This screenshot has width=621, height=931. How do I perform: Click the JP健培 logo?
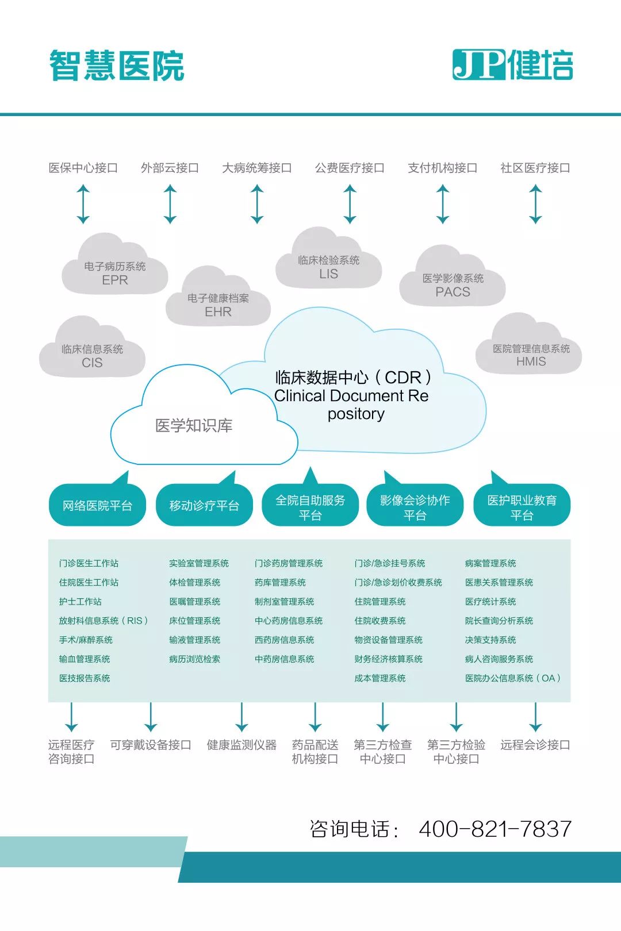512,64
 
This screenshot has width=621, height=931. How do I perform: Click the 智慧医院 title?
117,66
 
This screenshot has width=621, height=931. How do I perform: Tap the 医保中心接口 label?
83,168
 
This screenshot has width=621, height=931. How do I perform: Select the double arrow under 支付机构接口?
443,204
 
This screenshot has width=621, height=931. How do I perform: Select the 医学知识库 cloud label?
194,426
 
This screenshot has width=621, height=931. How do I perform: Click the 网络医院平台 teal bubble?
97,506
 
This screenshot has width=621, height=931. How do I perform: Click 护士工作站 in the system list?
80,602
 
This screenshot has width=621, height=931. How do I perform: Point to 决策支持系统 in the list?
490,640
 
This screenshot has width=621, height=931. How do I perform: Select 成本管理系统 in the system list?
380,678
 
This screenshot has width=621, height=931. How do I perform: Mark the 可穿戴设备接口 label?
151,745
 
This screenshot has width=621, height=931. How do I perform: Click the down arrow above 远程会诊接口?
535,717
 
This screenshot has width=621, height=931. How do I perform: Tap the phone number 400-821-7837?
495,829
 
